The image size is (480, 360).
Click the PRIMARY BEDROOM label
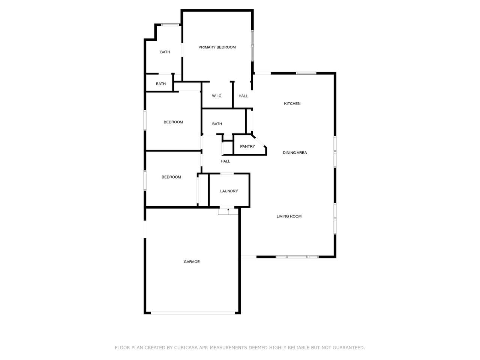coord(217,47)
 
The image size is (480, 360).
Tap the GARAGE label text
coord(192,262)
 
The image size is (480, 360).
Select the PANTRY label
coord(247,147)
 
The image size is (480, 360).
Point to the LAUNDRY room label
coord(229,191)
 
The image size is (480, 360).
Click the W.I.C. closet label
coord(217,96)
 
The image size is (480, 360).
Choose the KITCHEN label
coord(292,103)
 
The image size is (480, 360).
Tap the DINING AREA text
coord(294,153)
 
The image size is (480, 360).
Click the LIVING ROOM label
coord(289,216)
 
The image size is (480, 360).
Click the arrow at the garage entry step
coord(228,211)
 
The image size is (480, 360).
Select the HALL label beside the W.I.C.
coord(243,96)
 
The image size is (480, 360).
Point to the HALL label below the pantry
coord(225,161)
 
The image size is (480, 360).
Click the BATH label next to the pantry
coord(217,124)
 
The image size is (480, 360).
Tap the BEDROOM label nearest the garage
coord(171,177)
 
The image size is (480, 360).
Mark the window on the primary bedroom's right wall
coord(252,46)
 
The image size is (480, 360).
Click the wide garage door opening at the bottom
coord(193,313)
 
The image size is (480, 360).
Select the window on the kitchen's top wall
coord(306,73)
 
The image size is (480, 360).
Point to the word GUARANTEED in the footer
coord(349,347)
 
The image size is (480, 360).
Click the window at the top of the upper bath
coord(170,25)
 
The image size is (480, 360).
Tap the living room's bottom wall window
coord(297,257)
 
